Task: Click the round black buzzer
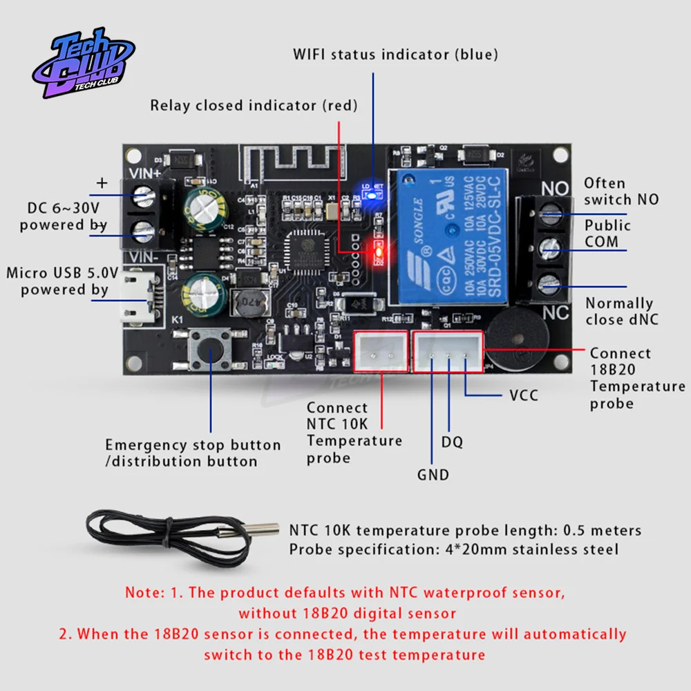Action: click(x=517, y=341)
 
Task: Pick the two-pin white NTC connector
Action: click(x=381, y=352)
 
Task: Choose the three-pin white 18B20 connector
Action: click(x=447, y=352)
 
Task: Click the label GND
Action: click(x=433, y=475)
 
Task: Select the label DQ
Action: click(x=452, y=442)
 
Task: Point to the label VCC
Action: click(x=523, y=396)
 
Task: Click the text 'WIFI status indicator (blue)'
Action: click(x=395, y=54)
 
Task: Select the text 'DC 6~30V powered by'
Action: click(x=64, y=216)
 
